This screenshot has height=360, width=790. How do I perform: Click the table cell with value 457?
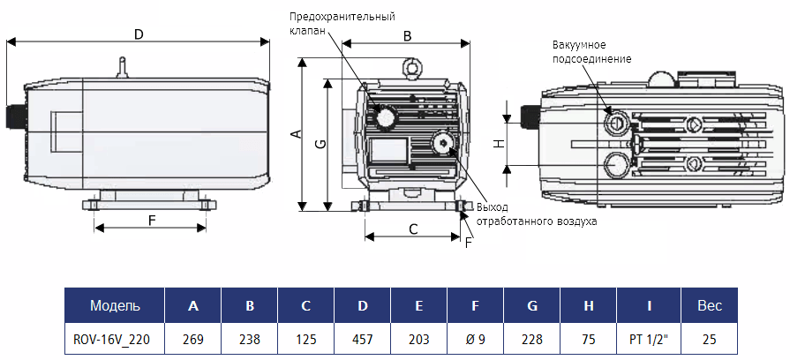[362, 337]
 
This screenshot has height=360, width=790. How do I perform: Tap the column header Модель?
[115, 306]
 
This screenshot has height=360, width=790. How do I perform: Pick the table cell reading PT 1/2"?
[649, 337]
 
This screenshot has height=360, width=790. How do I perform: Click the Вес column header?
[710, 306]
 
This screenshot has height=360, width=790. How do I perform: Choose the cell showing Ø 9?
[475, 337]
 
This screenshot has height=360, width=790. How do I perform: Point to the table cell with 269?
[193, 337]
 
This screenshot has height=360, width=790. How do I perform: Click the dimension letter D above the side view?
[138, 34]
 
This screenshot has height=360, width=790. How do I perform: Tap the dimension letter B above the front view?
[407, 36]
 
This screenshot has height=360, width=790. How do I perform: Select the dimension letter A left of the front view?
[297, 134]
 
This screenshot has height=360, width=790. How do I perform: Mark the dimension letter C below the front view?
[413, 229]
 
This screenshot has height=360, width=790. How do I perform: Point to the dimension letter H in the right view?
[498, 144]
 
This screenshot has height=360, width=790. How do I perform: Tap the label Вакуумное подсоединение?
[591, 51]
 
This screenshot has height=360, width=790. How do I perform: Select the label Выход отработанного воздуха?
[537, 214]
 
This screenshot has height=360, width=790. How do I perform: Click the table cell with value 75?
[588, 337]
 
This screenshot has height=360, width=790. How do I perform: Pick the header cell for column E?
[418, 306]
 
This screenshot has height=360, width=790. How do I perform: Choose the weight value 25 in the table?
[710, 337]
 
